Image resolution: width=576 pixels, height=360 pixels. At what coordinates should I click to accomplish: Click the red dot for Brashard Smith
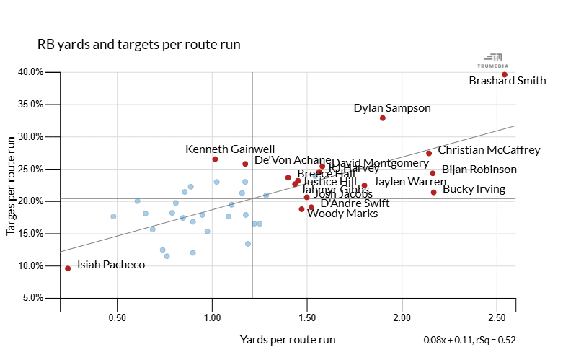click(505, 74)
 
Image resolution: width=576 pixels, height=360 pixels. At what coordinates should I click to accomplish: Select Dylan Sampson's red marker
click(383, 118)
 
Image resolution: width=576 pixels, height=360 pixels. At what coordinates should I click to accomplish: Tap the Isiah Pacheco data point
click(68, 268)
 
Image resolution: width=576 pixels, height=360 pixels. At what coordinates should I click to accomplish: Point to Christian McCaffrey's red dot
click(429, 153)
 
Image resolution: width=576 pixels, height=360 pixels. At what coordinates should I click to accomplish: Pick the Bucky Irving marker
click(433, 192)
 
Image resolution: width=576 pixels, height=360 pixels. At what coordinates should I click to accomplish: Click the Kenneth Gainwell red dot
click(215, 159)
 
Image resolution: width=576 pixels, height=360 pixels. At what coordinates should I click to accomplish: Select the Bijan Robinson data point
click(433, 173)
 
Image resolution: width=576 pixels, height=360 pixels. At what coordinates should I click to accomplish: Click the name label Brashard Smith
click(508, 81)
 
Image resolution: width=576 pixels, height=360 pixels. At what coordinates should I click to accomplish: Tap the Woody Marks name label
click(342, 214)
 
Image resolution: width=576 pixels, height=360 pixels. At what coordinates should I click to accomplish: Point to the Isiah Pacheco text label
click(111, 265)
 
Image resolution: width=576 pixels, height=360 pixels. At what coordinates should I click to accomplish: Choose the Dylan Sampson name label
click(392, 108)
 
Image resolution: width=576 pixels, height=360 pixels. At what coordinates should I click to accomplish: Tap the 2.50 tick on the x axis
click(497, 317)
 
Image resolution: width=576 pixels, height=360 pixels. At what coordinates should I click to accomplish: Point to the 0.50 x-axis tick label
click(117, 317)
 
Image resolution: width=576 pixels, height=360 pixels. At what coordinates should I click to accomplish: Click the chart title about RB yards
click(138, 45)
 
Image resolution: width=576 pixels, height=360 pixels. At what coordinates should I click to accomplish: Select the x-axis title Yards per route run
click(288, 339)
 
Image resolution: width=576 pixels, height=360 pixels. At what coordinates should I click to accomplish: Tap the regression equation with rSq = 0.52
click(469, 340)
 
